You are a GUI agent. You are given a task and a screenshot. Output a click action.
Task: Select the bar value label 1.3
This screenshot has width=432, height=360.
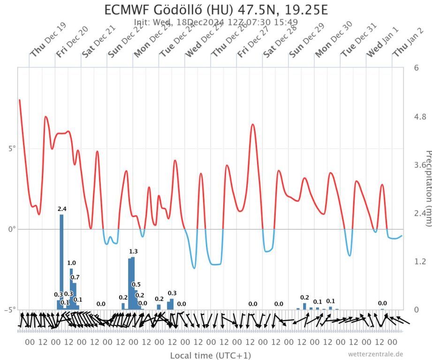tap(133, 252)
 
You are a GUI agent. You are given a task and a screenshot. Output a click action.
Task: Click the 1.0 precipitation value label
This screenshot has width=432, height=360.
tap(71, 263)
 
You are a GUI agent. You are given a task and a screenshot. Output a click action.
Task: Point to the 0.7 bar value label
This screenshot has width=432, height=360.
tap(75, 277)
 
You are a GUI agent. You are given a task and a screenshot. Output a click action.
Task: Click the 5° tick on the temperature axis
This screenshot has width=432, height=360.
tap(11, 149)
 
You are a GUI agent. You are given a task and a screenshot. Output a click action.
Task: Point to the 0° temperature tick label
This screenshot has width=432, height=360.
tap(11, 229)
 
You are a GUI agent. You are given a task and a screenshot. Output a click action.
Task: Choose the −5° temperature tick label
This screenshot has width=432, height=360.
tap(10, 310)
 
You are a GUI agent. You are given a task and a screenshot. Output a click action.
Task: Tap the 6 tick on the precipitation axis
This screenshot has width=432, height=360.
tap(416, 67)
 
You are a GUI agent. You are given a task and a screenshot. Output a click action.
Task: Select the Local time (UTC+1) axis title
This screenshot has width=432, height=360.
tap(211, 355)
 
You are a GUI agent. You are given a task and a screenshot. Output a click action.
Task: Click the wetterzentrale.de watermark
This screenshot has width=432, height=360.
tap(375, 354)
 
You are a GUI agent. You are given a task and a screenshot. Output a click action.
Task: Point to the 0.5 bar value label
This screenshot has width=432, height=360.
tap(136, 285)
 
